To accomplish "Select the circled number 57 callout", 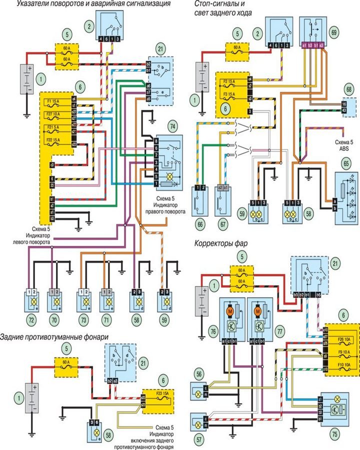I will [199, 439].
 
